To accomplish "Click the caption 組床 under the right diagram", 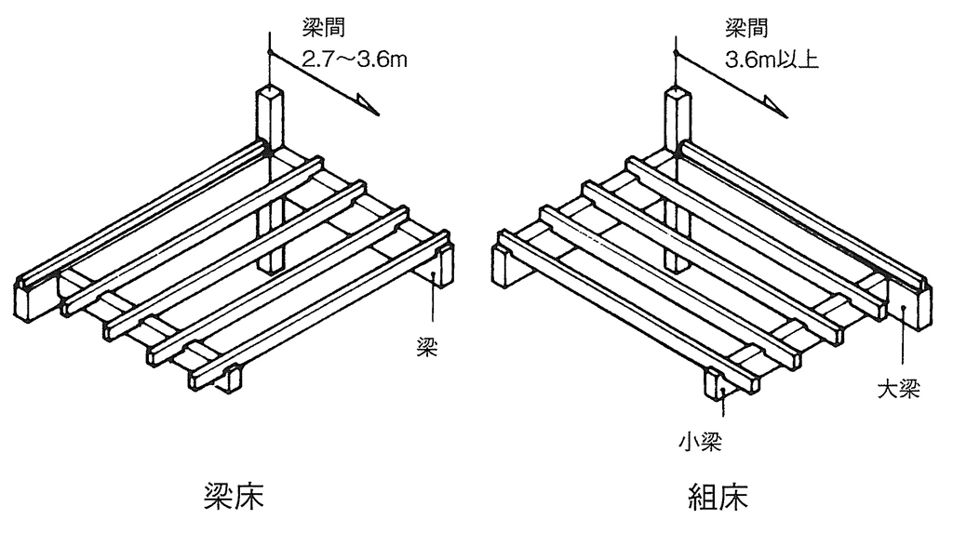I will [x=712, y=497].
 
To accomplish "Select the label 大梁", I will [x=898, y=386].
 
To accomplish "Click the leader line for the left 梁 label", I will [x=433, y=307].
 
